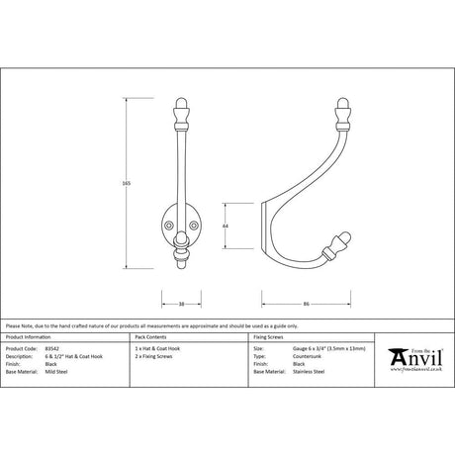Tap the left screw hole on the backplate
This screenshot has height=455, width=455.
click(170, 224)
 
